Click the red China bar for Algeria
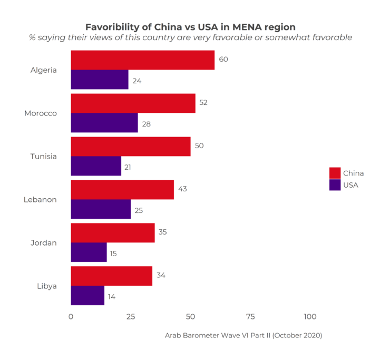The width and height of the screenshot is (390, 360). click(142, 60)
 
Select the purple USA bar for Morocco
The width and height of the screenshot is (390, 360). click(104, 123)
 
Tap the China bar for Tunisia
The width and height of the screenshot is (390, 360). click(131, 147)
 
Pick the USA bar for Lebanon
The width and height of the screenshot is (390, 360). click(101, 209)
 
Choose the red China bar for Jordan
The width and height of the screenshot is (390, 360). click(113, 233)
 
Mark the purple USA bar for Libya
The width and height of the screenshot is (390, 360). click(87, 296)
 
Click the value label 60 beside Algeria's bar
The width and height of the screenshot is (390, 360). click(223, 60)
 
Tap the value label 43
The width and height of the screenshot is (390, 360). click(183, 189)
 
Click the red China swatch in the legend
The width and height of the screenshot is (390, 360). click(335, 173)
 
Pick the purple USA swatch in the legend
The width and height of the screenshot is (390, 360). click(335, 185)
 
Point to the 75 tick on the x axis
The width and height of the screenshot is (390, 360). click(250, 317)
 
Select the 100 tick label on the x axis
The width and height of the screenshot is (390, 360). click(310, 317)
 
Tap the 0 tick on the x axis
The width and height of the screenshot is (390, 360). click(71, 317)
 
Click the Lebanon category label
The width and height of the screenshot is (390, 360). click(40, 200)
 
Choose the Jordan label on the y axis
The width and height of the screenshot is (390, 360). click(43, 243)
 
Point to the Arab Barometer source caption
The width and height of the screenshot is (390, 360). click(243, 335)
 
